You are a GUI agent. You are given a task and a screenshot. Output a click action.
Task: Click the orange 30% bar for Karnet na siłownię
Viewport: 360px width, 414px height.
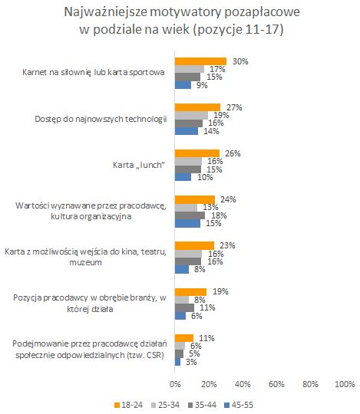click(x=200, y=61)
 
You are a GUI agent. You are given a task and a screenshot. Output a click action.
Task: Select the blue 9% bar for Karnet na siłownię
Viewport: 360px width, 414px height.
click(x=183, y=85)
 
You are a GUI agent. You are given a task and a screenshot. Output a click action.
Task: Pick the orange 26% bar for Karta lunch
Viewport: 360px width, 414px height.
click(x=197, y=153)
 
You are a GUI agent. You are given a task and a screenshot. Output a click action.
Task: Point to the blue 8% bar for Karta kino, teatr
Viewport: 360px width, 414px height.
click(x=182, y=269)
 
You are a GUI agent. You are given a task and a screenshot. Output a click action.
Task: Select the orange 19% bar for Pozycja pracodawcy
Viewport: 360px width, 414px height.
click(x=191, y=291)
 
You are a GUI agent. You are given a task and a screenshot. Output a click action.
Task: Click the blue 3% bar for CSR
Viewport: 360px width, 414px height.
click(x=177, y=361)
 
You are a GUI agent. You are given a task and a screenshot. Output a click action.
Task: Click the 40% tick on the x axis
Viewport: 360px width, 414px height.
click(x=243, y=383)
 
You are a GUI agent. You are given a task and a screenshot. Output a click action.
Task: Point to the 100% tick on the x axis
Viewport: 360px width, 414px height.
click(x=343, y=383)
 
